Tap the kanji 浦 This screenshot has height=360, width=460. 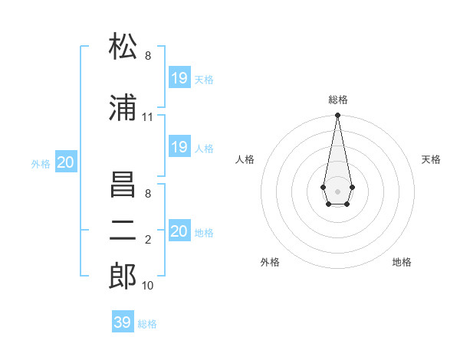pyautogui.click(x=123, y=109)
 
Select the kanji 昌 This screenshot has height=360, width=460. pyautogui.click(x=123, y=188)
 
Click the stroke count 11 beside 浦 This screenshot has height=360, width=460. pyautogui.click(x=147, y=117)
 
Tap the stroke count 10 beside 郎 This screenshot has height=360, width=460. pyautogui.click(x=148, y=286)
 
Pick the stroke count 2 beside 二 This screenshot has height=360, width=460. pyautogui.click(x=148, y=241)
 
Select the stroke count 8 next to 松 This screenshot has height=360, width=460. pyautogui.click(x=148, y=56)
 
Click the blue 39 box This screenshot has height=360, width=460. pyautogui.click(x=123, y=322)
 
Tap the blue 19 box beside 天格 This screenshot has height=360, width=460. pyautogui.click(x=179, y=77)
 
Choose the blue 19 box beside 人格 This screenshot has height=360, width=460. pyautogui.click(x=179, y=147)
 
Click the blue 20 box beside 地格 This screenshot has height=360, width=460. pyautogui.click(x=179, y=231)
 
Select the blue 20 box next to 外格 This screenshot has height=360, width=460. pyautogui.click(x=66, y=162)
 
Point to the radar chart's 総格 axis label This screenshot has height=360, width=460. pyautogui.click(x=338, y=100)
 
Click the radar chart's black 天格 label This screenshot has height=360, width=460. pyautogui.click(x=431, y=159)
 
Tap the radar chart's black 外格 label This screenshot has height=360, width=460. pyautogui.click(x=270, y=262)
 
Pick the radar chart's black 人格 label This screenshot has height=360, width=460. pyautogui.click(x=245, y=159)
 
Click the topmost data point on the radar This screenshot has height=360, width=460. pyautogui.click(x=337, y=116)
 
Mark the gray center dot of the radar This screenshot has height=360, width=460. pyautogui.click(x=337, y=190)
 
